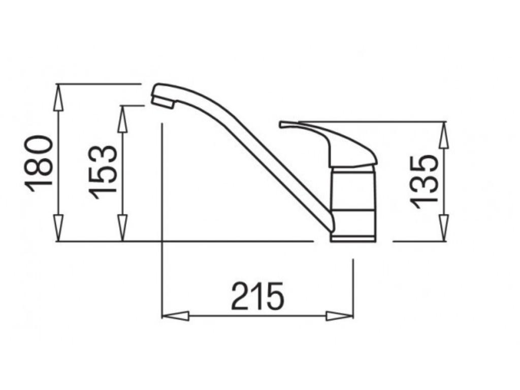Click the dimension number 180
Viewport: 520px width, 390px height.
click(40, 163)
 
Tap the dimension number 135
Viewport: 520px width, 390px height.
click(425, 181)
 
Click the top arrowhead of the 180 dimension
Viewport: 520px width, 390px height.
click(58, 96)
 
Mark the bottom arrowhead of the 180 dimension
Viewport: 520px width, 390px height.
click(58, 228)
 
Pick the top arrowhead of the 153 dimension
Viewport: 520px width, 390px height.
click(122, 118)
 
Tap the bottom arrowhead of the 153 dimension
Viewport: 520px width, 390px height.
click(122, 228)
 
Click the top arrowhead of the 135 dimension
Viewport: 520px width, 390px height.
click(444, 135)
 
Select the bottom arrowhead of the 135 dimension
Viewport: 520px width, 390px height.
click(444, 228)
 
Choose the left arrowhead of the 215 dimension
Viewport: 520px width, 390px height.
click(175, 316)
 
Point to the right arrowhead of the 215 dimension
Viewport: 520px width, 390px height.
click(339, 316)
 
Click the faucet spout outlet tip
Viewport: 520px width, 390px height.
click(162, 102)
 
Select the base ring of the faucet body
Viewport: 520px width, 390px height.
click(353, 238)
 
